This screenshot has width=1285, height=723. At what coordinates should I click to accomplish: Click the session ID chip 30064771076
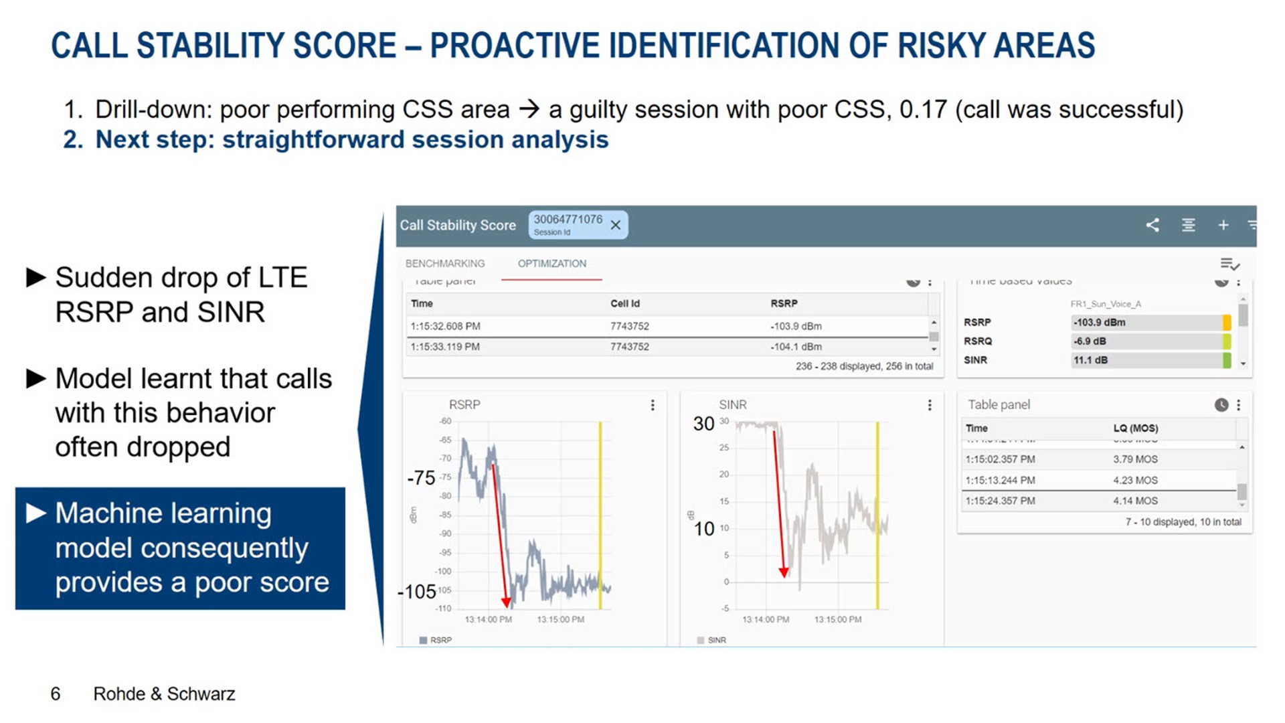(568, 224)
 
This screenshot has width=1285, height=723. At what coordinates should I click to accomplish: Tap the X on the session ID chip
(616, 226)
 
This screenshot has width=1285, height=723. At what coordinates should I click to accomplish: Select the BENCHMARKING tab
(444, 264)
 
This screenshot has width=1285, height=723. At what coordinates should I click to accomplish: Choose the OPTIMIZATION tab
(551, 264)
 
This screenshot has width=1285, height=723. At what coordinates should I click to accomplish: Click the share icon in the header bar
(1152, 226)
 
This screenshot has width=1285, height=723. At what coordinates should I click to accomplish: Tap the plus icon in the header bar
(1223, 226)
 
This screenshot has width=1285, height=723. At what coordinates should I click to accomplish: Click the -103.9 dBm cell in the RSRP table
(796, 326)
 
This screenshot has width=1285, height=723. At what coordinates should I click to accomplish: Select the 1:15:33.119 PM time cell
(445, 347)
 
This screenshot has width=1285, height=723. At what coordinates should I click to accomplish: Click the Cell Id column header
(624, 303)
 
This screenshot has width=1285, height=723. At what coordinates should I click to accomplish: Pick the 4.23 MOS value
(1135, 480)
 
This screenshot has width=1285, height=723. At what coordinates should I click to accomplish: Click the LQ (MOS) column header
(1135, 428)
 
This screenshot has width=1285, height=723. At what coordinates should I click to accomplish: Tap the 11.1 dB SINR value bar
(1148, 360)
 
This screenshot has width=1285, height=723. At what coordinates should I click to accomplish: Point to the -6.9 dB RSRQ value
(1090, 341)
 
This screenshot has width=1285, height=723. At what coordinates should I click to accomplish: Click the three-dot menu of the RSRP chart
(653, 405)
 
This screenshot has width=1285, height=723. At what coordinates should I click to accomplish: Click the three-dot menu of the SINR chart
(929, 405)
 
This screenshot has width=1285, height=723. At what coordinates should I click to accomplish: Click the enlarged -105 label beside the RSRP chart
(417, 592)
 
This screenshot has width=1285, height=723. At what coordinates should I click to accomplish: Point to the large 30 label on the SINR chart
(703, 424)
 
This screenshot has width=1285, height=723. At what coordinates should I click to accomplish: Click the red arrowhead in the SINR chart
(784, 572)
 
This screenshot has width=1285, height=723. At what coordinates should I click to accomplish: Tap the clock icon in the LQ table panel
(1221, 405)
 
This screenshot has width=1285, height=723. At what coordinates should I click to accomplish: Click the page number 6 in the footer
(56, 694)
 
